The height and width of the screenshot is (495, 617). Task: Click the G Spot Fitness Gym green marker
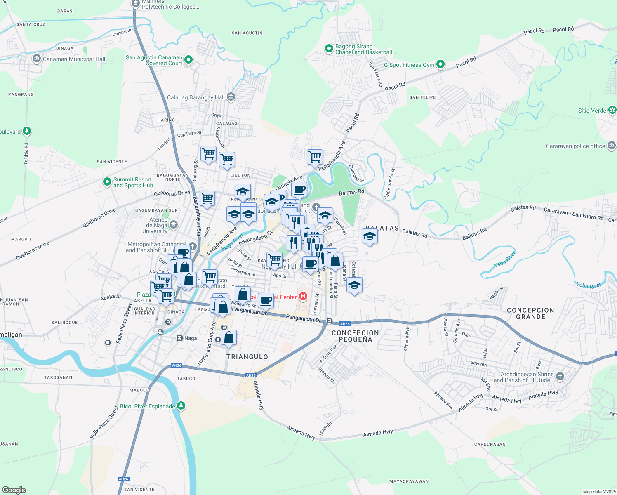coord(440,64)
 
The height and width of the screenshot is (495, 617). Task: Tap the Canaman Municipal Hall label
coord(74,59)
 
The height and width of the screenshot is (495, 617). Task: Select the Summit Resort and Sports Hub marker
coord(107,182)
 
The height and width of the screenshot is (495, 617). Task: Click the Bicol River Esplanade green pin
coord(181,406)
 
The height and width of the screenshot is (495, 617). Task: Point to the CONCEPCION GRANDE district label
coord(530,313)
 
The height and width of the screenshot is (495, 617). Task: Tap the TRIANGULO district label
coord(247,357)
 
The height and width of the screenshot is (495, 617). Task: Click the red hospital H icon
coord(303,297)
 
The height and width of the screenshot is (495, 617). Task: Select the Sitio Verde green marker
coord(612,110)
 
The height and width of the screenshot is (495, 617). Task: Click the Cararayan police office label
coord(575,146)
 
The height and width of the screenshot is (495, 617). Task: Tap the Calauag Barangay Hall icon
coord(231,97)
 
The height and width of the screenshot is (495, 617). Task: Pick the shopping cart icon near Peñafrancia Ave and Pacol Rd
coord(315,157)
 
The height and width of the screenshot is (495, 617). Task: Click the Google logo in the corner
coord(14,490)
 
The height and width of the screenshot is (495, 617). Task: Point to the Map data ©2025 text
coord(599,492)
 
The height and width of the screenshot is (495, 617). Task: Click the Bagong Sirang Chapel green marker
coord(329,49)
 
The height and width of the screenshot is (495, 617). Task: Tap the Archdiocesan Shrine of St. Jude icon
coord(560,376)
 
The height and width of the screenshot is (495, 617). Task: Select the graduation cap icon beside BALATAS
coord(369,236)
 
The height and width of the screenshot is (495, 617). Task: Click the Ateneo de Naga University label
coord(155,225)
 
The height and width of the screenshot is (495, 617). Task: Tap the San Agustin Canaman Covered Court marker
coord(188,60)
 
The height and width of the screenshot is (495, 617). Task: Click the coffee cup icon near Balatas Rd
coord(299,190)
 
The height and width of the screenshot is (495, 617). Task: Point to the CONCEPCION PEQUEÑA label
coord(355,336)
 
